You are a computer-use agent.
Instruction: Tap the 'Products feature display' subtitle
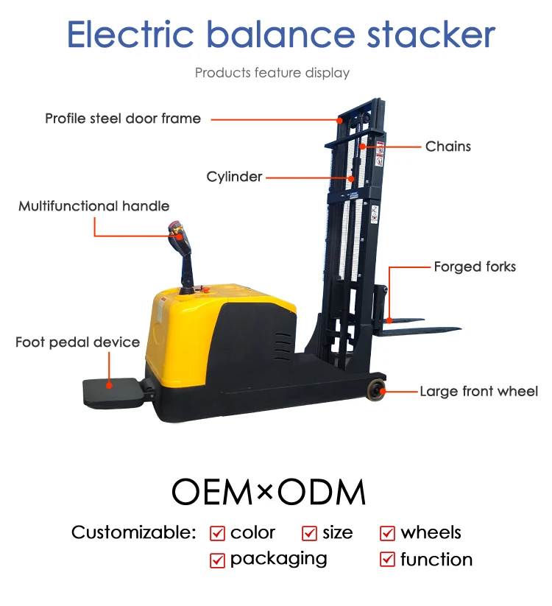[x=272, y=73]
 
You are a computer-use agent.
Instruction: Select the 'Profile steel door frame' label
[x=123, y=119]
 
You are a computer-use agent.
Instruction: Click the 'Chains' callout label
[x=447, y=147]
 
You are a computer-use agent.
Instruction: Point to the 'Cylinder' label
[x=234, y=177]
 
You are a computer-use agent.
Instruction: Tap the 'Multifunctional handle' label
[x=94, y=206]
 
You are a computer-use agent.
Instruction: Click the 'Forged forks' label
[x=475, y=267]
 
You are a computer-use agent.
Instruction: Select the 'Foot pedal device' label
[x=77, y=342]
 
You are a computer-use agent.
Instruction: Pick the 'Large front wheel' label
[x=478, y=392]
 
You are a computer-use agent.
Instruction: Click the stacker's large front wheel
[x=377, y=390]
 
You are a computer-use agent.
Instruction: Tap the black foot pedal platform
[x=108, y=391]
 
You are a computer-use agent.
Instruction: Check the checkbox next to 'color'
[x=217, y=533]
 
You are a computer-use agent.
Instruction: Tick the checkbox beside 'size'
[x=309, y=533]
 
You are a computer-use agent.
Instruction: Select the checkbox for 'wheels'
[x=387, y=533]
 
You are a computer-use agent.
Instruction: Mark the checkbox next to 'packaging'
[x=217, y=560]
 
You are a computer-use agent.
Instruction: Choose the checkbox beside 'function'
[x=387, y=560]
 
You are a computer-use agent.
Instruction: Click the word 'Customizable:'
[x=134, y=532]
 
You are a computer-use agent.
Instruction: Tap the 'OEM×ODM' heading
[x=269, y=492]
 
